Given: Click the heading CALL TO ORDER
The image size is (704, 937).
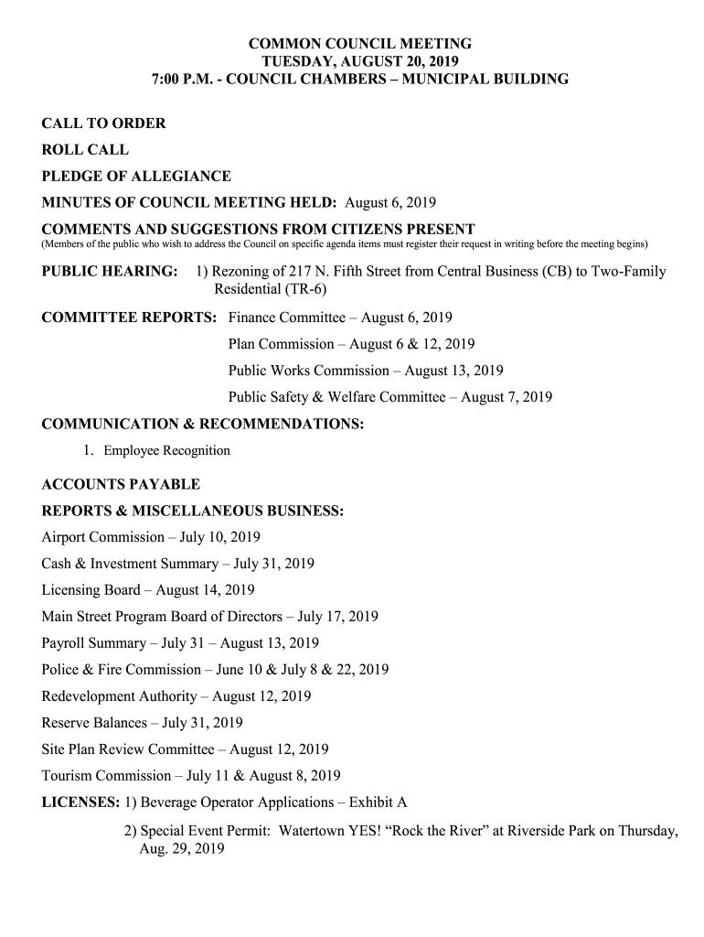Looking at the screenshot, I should pyautogui.click(x=104, y=124).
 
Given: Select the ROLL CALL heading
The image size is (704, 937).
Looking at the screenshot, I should pyautogui.click(x=85, y=150).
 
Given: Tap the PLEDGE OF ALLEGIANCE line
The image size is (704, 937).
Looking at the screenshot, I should pyautogui.click(x=136, y=177).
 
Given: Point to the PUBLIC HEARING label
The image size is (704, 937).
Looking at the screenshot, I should pyautogui.click(x=111, y=272).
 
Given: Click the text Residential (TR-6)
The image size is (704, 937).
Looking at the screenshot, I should pyautogui.click(x=270, y=289).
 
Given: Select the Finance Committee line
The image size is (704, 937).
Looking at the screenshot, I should pyautogui.click(x=340, y=318).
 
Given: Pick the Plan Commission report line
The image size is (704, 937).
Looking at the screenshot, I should pyautogui.click(x=351, y=344).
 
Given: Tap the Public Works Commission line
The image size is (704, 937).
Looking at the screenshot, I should pyautogui.click(x=366, y=371).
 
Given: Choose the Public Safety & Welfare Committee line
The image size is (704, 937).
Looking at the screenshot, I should pyautogui.click(x=390, y=397).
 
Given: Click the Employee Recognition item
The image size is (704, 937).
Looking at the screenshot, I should pyautogui.click(x=166, y=450).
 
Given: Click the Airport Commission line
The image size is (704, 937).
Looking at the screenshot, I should pyautogui.click(x=151, y=537).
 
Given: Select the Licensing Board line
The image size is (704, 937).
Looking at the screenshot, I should pyautogui.click(x=148, y=590).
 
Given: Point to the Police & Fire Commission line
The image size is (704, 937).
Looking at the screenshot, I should pyautogui.click(x=215, y=670).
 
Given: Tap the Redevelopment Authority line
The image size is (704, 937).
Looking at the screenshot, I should pyautogui.click(x=176, y=696).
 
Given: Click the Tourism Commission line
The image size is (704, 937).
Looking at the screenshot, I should pyautogui.click(x=191, y=776).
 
